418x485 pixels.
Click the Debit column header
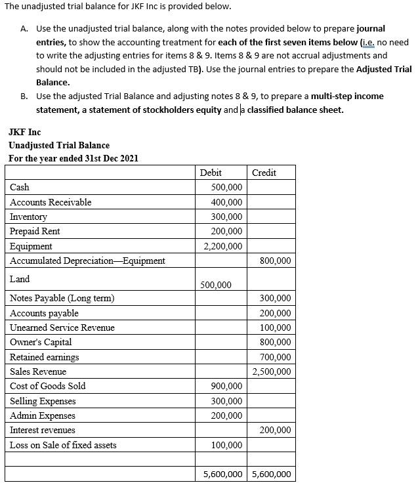[211, 173]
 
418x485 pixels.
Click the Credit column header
[264, 173]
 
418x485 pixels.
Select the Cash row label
[20, 187]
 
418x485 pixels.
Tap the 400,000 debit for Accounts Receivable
[226, 202]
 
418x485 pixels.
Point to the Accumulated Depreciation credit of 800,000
[275, 261]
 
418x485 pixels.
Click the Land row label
[20, 279]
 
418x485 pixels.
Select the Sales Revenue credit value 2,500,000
[272, 371]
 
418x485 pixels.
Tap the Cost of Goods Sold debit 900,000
[226, 386]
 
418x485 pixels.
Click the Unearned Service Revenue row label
[62, 327]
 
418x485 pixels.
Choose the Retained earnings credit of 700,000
[275, 357]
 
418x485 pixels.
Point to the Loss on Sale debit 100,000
[226, 445]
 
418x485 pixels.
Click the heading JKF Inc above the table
[24, 132]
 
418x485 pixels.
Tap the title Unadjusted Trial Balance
[58, 145]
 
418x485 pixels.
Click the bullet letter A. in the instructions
[24, 29]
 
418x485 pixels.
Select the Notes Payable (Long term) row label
[62, 299]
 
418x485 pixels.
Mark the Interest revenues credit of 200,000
[275, 431]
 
